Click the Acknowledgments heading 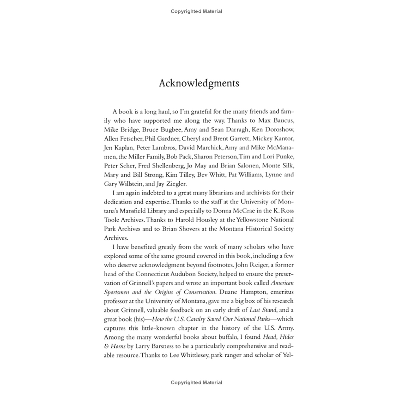pyautogui.click(x=199, y=84)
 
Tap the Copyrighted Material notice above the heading pyautogui.click(x=196, y=11)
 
